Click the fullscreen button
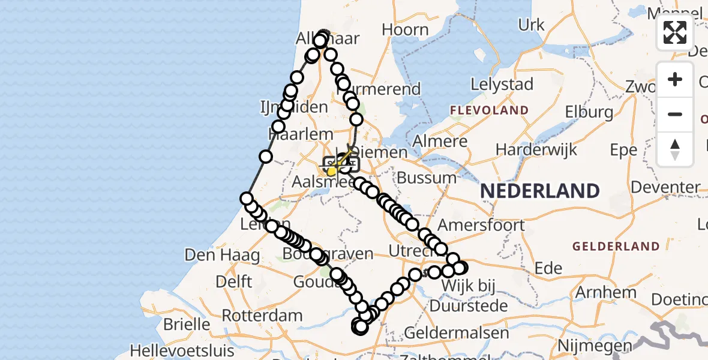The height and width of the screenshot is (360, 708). (x=675, y=32)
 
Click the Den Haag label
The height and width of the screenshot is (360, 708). (x=222, y=255)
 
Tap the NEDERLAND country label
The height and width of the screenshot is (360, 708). (x=540, y=191)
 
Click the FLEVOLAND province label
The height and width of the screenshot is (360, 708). (x=489, y=110)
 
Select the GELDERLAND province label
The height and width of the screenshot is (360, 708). (x=616, y=246)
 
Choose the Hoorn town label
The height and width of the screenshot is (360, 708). (x=405, y=29)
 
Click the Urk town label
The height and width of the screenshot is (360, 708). (x=532, y=25)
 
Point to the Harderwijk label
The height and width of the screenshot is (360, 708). (x=536, y=149)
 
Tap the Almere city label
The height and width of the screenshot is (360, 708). (x=445, y=142)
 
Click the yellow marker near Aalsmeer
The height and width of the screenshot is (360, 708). (x=331, y=172)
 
